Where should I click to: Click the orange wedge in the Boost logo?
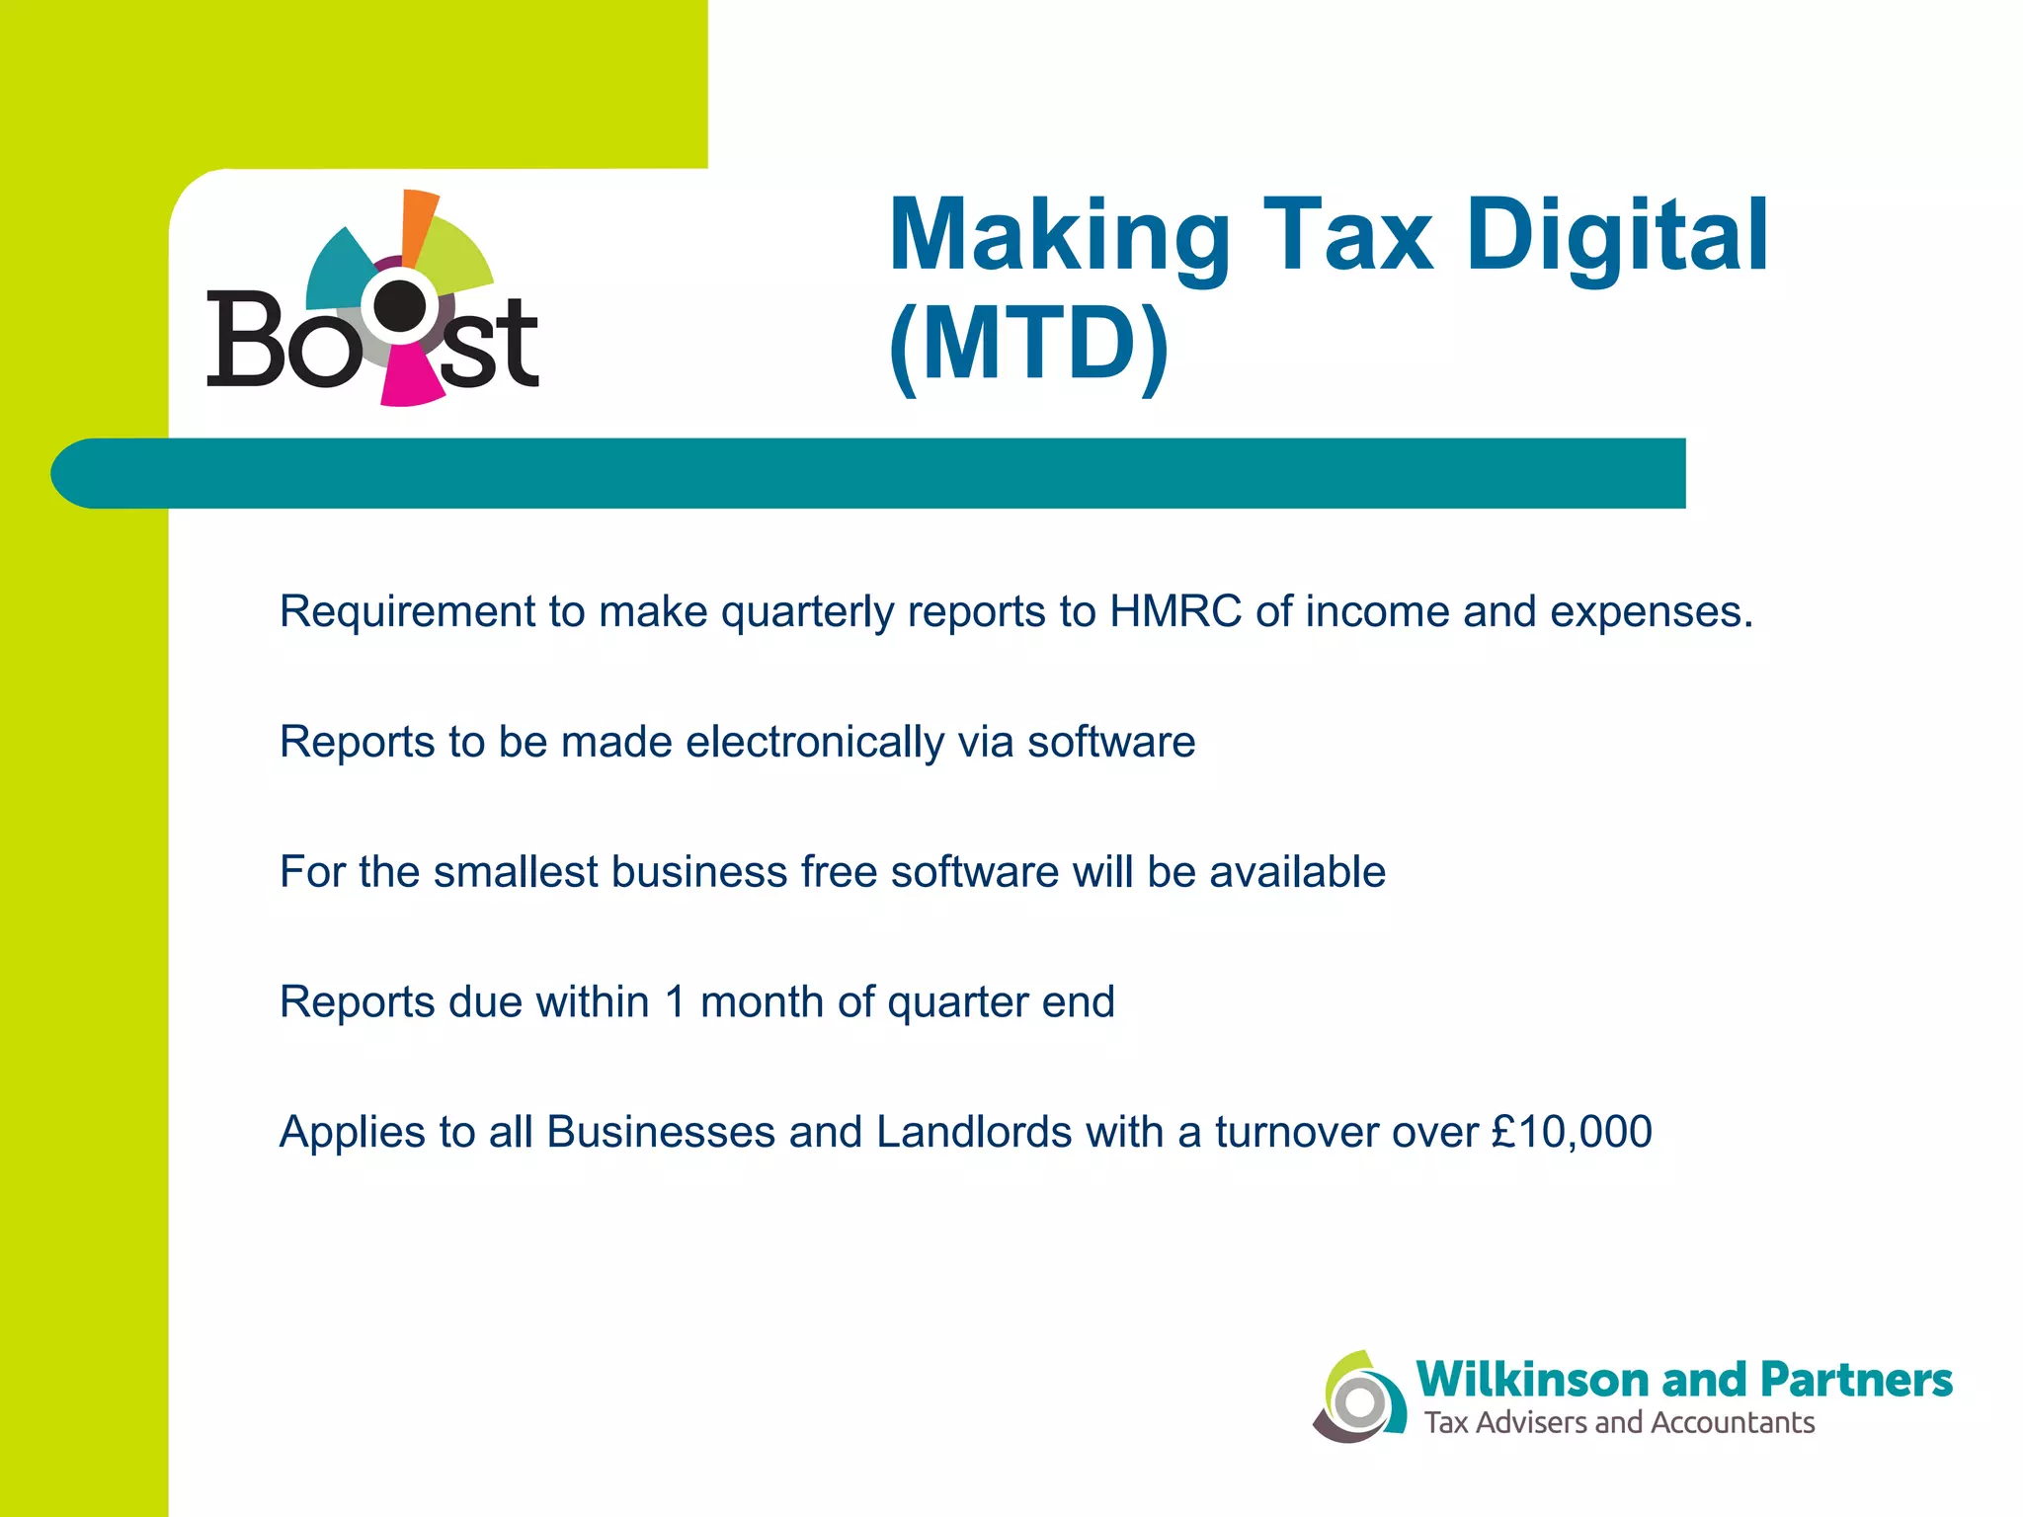click(417, 222)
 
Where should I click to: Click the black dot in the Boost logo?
click(400, 306)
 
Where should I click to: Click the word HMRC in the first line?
click(1174, 611)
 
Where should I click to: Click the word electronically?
click(815, 743)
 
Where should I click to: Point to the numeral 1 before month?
click(676, 1002)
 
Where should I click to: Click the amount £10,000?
click(1572, 1132)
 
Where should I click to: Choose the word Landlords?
click(973, 1132)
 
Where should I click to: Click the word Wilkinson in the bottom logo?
click(1533, 1380)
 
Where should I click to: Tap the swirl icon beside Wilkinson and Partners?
click(1359, 1397)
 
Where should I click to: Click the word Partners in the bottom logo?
click(1856, 1380)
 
